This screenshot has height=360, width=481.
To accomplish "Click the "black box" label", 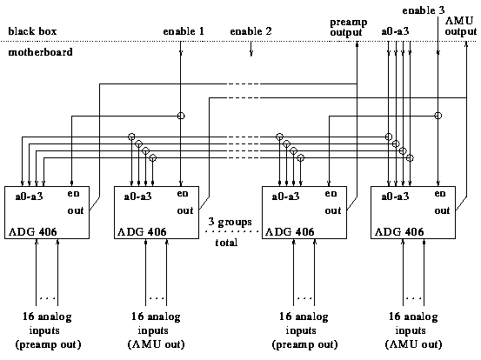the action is click(x=32, y=31).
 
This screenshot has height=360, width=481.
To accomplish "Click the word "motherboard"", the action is click(x=40, y=52).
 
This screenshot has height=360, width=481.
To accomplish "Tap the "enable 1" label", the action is click(x=184, y=31).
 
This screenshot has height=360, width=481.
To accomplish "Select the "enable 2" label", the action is click(x=251, y=31).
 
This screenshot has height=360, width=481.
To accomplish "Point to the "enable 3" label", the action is click(x=424, y=10).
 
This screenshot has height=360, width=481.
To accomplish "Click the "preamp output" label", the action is click(x=349, y=27).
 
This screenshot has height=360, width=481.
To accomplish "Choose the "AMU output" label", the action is click(x=461, y=26).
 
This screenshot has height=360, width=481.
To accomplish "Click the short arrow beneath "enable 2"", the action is click(x=251, y=49).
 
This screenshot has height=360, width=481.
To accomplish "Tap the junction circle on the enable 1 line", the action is click(x=181, y=116).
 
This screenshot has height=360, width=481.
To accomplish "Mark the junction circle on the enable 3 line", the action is click(x=438, y=116).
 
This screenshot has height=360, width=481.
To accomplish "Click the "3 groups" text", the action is click(x=230, y=222).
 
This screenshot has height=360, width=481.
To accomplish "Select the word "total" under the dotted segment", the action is click(x=226, y=243).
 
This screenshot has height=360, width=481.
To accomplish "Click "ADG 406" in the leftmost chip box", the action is click(x=33, y=231).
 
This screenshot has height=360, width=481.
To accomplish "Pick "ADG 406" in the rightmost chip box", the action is click(x=399, y=231).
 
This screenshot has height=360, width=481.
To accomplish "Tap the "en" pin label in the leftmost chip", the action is click(x=74, y=194).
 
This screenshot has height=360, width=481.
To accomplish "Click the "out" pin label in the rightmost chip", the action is click(x=442, y=210).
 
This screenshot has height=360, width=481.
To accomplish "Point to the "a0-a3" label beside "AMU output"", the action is click(x=395, y=31).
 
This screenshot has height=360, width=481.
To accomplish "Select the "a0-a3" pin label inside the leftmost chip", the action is click(x=30, y=197).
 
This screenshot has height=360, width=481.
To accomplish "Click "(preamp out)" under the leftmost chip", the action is click(x=48, y=344).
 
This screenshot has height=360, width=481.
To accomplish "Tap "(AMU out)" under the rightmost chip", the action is click(x=413, y=344).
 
